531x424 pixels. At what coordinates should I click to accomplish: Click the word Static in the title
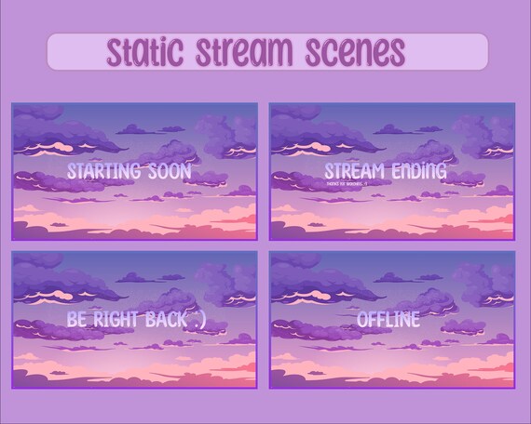tap(144, 50)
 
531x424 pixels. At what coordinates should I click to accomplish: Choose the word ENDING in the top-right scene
tap(416, 172)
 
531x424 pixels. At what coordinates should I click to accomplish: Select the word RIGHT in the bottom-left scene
tap(116, 319)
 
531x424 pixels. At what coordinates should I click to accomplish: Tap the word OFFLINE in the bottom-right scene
tap(388, 319)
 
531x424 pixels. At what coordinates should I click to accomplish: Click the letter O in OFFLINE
tap(363, 319)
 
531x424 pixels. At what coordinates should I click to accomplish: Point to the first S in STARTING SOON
tap(71, 172)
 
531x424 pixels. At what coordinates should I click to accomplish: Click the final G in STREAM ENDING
tap(441, 172)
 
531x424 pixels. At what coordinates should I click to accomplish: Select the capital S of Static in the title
tap(114, 50)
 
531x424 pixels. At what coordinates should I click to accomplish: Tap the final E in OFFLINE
tap(415, 319)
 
